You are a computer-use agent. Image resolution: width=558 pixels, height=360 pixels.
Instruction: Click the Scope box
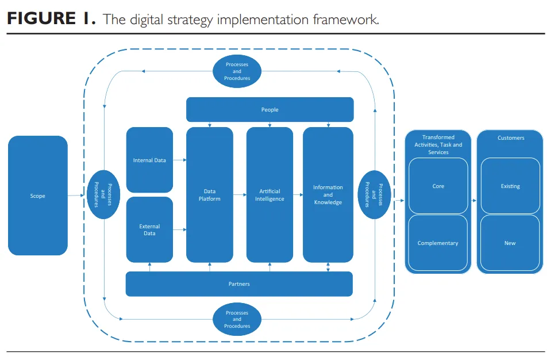coord(37,196)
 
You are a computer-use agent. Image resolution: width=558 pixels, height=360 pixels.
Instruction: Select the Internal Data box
coord(149,160)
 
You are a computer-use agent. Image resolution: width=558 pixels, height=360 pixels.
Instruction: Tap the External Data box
coord(149,229)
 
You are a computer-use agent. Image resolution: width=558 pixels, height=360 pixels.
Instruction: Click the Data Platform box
coord(210,195)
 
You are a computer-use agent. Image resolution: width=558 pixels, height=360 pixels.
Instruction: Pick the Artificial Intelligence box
coord(270,195)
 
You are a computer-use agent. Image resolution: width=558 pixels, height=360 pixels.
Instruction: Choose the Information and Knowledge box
coord(328,195)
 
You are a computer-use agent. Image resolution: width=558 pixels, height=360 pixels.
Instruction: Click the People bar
coord(270,109)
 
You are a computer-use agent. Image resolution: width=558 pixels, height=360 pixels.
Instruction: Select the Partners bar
coord(239,284)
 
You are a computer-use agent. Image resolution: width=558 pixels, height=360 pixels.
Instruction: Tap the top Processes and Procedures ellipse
coord(237,71)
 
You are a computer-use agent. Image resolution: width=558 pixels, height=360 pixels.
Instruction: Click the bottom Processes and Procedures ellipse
coord(237,319)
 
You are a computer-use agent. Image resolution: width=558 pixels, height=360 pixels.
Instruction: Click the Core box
coord(438,186)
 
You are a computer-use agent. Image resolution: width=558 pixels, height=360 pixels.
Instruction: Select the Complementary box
coord(438,243)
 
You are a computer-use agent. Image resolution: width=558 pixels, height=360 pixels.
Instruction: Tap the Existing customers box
coord(510,186)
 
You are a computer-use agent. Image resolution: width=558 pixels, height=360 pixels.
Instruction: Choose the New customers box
coord(510,243)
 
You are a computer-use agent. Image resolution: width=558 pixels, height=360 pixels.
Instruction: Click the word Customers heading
coord(511,138)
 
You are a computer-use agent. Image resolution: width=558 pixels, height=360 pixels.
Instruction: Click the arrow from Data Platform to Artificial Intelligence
coord(240,195)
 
